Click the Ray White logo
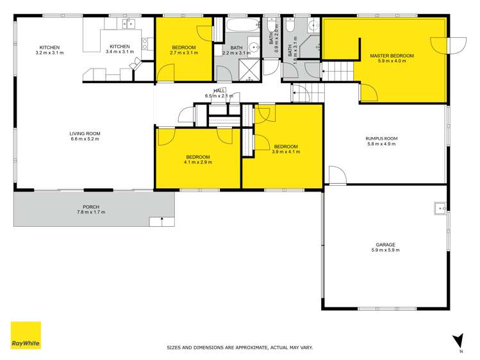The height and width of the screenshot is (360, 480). point(26,335)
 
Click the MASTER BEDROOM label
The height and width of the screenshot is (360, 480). point(392,56)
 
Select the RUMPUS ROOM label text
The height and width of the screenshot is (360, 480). point(381,138)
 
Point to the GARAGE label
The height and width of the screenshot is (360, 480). point(385,244)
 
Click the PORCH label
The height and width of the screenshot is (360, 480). point(90,207)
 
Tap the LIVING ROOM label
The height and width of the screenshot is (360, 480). point(85,134)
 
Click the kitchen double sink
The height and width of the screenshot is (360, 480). point(129,25)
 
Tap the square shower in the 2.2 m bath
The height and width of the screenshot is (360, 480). point(247,69)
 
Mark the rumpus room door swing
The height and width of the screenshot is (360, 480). point(336,175)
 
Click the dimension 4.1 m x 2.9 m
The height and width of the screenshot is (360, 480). point(198,162)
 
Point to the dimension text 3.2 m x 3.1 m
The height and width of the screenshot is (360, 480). point(49,53)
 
